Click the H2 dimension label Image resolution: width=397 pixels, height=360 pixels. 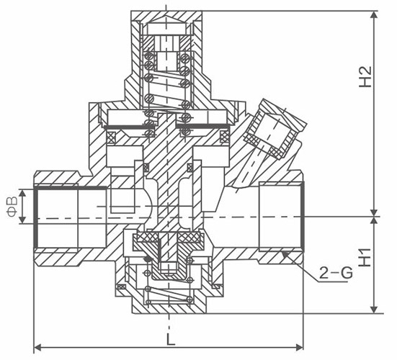click(365, 77)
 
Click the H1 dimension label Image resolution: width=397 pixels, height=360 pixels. click(365, 258)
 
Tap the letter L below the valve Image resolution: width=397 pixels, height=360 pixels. click(171, 338)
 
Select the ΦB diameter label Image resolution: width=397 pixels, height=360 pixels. click(12, 206)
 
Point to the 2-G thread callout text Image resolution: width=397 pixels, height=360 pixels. click(336, 273)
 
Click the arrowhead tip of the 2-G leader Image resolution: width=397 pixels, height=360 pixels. click(282, 252)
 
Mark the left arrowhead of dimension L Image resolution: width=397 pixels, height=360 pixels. click(35, 347)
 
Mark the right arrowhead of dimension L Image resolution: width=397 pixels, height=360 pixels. click(303, 347)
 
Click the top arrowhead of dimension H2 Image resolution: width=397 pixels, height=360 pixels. click(374, 12)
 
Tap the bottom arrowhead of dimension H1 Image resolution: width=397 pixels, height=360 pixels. click(374, 313)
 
